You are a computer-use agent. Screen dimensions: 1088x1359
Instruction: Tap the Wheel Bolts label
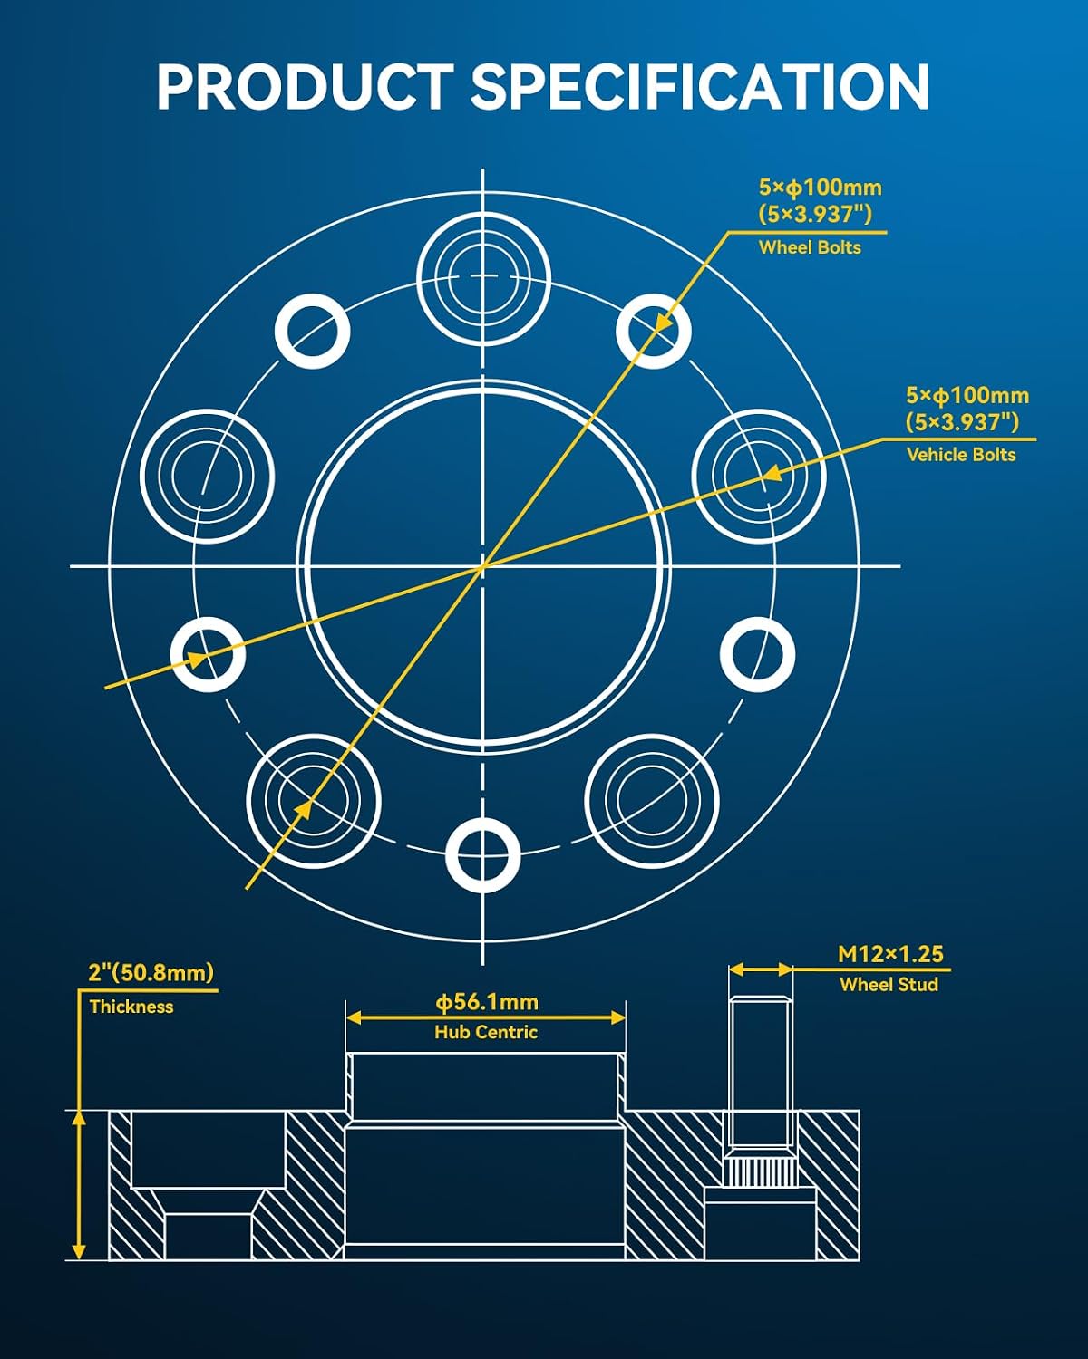(x=810, y=247)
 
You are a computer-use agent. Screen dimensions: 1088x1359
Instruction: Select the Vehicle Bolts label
(x=961, y=455)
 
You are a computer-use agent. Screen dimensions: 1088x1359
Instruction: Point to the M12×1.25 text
(x=890, y=954)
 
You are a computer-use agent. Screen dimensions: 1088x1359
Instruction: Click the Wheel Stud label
(x=889, y=985)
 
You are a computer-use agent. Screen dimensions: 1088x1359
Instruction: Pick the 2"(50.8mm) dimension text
(x=151, y=973)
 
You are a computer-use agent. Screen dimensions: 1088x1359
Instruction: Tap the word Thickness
(x=131, y=1007)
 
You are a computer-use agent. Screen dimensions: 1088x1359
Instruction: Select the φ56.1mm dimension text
(x=487, y=1001)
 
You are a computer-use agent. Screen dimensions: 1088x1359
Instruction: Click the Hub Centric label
(x=486, y=1032)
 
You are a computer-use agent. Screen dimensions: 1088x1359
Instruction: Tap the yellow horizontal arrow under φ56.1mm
(x=486, y=1017)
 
